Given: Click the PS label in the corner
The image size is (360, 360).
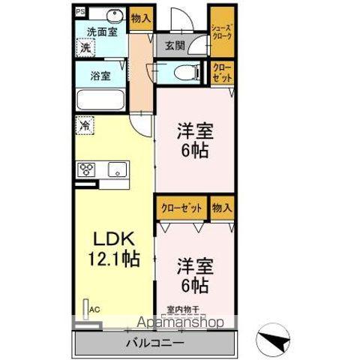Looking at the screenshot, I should point(80,13).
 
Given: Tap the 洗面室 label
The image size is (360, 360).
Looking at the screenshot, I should point(101,32).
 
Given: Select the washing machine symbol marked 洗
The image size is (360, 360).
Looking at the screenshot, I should point(86,47).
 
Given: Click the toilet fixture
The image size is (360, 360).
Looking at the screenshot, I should point(183,73).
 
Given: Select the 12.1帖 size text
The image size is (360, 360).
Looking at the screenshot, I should point(114,259).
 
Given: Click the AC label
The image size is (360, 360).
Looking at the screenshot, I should point(94,308).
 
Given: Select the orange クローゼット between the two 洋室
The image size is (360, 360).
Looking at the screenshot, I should point(181,207).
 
